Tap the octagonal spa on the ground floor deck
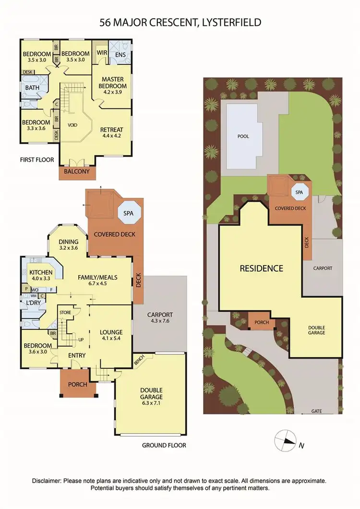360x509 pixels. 129,214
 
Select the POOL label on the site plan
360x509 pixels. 244,136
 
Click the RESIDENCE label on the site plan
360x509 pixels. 262,268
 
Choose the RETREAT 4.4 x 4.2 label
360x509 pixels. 112,133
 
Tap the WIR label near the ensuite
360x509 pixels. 102,53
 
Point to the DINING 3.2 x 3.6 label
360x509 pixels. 68,245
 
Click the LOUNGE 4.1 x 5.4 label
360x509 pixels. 111,335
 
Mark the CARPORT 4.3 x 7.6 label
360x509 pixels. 160,318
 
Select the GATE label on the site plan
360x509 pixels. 316,412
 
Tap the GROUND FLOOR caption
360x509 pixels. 164,445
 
